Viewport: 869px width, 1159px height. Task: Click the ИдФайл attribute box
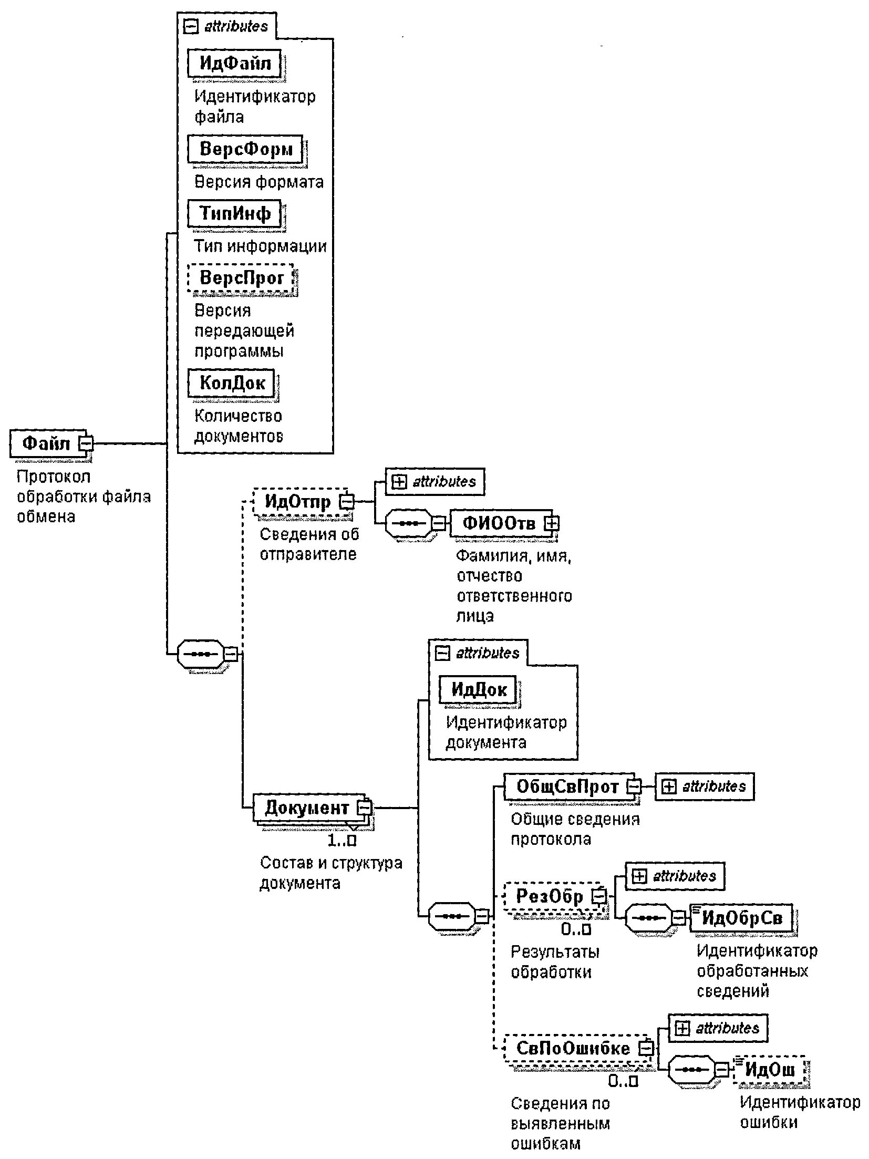234,64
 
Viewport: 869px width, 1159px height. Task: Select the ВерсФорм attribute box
245,149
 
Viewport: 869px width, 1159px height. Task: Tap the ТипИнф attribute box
234,213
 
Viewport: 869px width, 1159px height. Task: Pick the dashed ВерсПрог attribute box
241,278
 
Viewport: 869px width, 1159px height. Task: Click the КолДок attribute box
232,382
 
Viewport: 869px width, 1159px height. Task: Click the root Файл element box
46,443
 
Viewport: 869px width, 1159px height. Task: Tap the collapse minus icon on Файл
85,443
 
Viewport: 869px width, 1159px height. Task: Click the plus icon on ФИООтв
551,523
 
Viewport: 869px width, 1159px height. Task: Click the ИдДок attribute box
478,689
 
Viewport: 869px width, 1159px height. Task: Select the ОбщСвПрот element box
567,786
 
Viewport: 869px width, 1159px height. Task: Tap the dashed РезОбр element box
550,896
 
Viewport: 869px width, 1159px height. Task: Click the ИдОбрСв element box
742,917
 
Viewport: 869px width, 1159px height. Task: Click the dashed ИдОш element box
770,1069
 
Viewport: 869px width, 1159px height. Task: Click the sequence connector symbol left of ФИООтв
409,523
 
